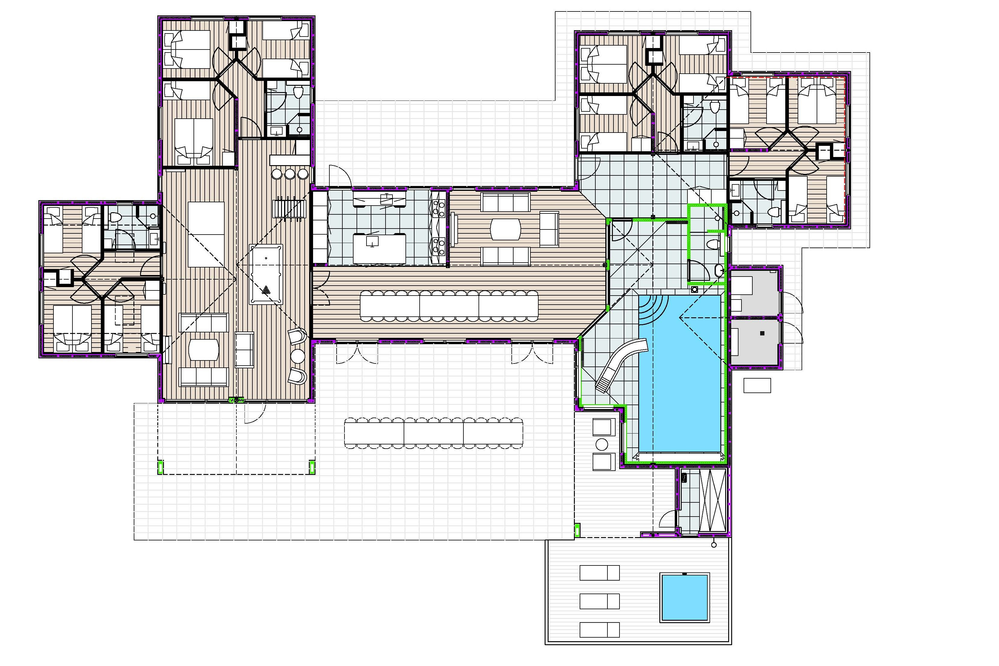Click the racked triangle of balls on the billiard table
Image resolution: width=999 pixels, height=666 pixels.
(x=266, y=290)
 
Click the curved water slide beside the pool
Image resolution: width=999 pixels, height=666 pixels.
(x=621, y=365)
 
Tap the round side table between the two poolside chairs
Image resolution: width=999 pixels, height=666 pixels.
(x=602, y=445)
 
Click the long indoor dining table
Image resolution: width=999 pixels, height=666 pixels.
(x=449, y=306)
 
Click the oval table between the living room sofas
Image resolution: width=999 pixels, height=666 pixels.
(x=505, y=229)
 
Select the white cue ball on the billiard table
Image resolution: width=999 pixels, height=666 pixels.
(x=266, y=258)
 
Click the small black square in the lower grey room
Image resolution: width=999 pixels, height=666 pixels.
(x=762, y=333)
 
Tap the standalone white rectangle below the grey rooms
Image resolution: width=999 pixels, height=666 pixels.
(x=757, y=385)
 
